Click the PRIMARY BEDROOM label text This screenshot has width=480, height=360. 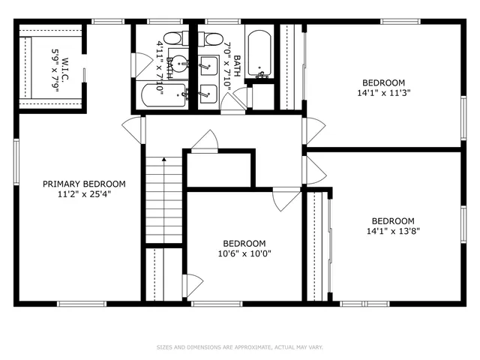(83, 184)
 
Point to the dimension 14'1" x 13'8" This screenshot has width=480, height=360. (393, 231)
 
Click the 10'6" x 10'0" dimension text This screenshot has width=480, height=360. (244, 253)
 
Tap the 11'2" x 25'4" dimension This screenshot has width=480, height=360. (83, 193)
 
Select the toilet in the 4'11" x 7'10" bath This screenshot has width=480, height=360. (172, 38)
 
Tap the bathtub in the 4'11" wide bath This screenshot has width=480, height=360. (163, 95)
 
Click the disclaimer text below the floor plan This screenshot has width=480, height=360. (239, 347)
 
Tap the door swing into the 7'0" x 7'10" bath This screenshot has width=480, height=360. (239, 97)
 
